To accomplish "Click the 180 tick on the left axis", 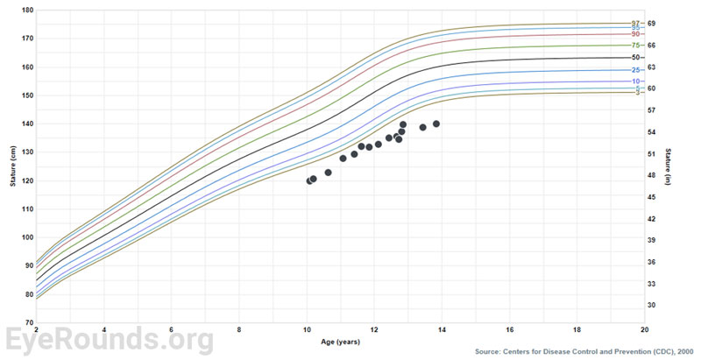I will click(x=27, y=11).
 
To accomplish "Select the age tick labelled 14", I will click(x=442, y=329).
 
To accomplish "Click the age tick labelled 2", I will click(x=37, y=329).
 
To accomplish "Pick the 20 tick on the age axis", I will click(x=645, y=329).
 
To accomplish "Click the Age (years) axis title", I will click(x=341, y=341).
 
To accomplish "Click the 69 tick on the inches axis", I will click(x=652, y=23).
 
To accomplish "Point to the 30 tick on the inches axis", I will click(x=652, y=305).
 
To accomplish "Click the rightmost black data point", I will click(x=436, y=124).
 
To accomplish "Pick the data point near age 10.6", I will click(x=328, y=173).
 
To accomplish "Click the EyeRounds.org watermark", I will click(x=110, y=338).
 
